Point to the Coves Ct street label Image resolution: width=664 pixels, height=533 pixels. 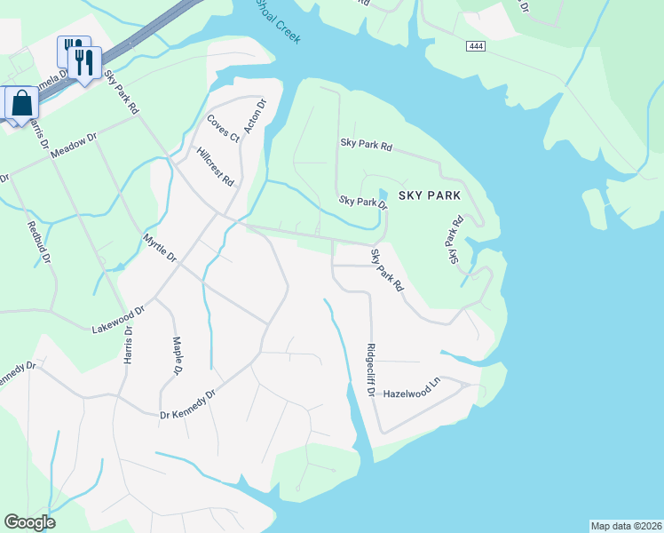tap(224, 128)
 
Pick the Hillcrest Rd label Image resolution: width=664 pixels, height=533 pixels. tap(216, 166)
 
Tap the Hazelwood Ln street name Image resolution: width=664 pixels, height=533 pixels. tap(412, 392)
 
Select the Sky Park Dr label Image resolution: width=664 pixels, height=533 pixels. tap(363, 202)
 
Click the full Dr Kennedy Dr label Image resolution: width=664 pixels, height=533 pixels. tap(187, 404)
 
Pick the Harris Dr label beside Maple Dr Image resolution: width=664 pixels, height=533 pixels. tap(129, 346)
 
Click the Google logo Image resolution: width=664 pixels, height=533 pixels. tap(29, 522)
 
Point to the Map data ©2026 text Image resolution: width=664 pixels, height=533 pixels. tap(626, 526)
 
